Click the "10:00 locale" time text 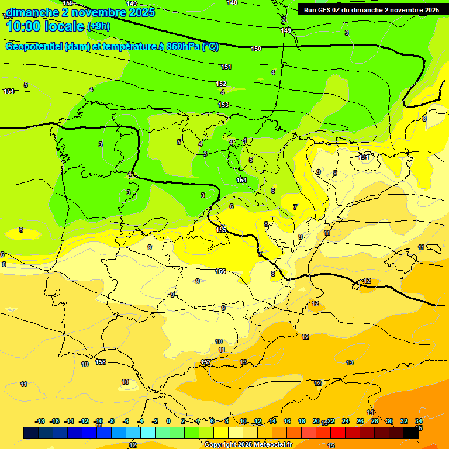44,26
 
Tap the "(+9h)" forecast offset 102,26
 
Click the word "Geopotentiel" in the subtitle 34,47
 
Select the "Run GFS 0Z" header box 369,10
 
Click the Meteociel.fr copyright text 248,444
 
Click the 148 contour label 232,3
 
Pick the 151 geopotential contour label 226,67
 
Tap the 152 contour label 221,84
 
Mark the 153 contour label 223,105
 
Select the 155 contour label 221,230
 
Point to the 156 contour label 220,271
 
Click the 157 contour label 206,362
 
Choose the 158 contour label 101,362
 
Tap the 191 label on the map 364,157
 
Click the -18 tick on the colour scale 40,421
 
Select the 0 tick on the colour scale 168,421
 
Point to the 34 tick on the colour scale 419,421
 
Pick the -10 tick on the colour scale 98,421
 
